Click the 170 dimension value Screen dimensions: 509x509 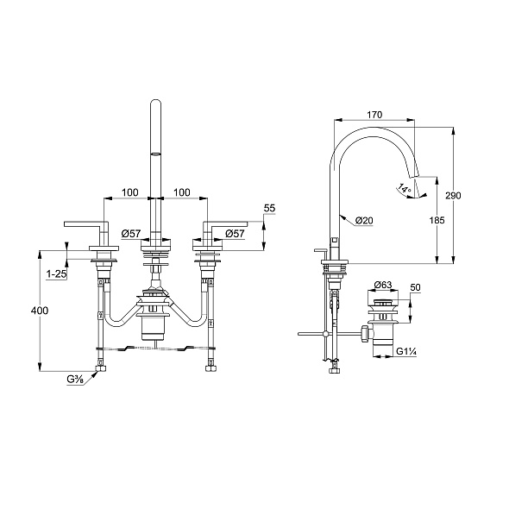(x=374, y=115)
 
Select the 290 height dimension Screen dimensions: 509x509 (x=453, y=196)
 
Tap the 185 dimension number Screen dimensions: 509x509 (x=437, y=220)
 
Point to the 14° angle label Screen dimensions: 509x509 (x=405, y=189)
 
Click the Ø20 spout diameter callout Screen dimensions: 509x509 (x=364, y=220)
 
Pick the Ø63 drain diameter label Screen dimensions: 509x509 (x=383, y=285)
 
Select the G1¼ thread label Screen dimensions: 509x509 (x=406, y=351)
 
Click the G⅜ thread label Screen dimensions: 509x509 (x=76, y=379)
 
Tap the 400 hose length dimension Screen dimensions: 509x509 (x=40, y=311)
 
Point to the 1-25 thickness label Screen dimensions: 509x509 (x=56, y=274)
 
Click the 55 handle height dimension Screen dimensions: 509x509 (x=269, y=208)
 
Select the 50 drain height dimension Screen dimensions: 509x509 (x=415, y=287)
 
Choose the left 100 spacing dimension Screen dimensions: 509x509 (x=130, y=192)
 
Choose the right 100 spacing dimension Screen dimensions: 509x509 (x=182, y=192)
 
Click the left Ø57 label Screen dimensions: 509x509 (x=131, y=234)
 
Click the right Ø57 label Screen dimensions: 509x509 (x=235, y=234)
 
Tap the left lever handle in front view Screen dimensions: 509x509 (x=86, y=224)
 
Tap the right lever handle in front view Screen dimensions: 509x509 (x=225, y=224)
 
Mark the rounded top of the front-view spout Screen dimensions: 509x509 (x=156, y=103)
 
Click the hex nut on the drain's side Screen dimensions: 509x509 (x=364, y=334)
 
